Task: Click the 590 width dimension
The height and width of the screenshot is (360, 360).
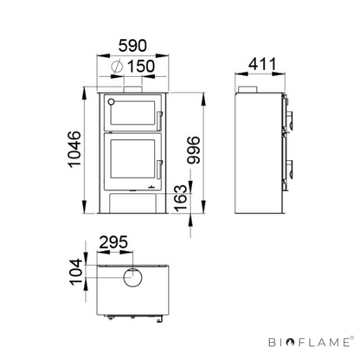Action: coord(132,46)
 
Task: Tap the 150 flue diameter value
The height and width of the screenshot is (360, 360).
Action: coord(141,67)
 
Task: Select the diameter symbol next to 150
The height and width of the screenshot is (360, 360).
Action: coord(117,67)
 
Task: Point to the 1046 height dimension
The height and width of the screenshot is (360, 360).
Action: coord(74,149)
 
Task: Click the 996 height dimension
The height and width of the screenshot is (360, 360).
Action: coord(193,150)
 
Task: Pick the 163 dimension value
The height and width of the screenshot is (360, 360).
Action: coord(181,198)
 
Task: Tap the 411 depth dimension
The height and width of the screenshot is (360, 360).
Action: coord(262,64)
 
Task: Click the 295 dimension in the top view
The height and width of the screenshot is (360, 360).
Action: coord(113,242)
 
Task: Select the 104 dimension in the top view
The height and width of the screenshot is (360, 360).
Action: coord(76,272)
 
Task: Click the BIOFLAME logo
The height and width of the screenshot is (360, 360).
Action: coord(311,342)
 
